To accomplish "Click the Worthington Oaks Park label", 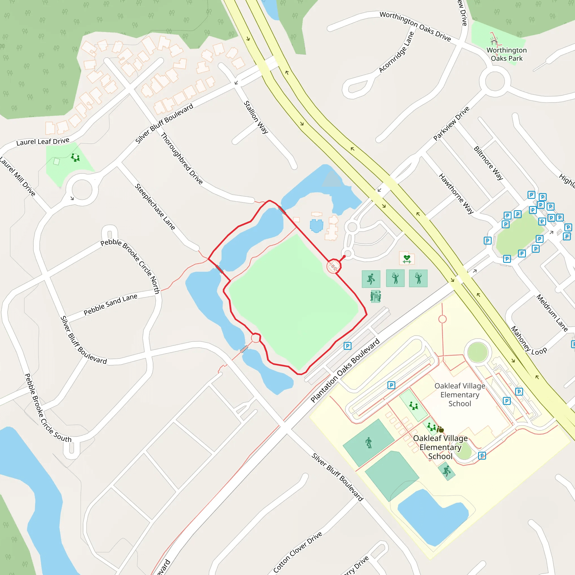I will (x=506, y=54).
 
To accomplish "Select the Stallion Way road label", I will (x=256, y=117).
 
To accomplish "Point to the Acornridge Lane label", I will (x=396, y=52).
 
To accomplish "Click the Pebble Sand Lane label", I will (x=110, y=304).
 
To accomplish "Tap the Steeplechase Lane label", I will (x=155, y=207).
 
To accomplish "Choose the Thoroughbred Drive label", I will (x=182, y=158).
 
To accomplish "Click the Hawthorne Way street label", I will (x=456, y=194).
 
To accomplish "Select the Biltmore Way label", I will (x=488, y=163).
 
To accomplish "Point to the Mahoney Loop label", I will (x=529, y=341).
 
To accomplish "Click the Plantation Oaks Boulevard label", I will (x=345, y=371).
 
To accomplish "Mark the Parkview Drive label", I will (x=451, y=123).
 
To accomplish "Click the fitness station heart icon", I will (x=407, y=259).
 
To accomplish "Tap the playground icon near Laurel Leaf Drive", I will (x=75, y=157).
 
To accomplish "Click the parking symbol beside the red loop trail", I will (x=347, y=346).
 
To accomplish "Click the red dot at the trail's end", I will (x=344, y=257).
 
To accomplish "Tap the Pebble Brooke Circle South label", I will (x=48, y=408).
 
